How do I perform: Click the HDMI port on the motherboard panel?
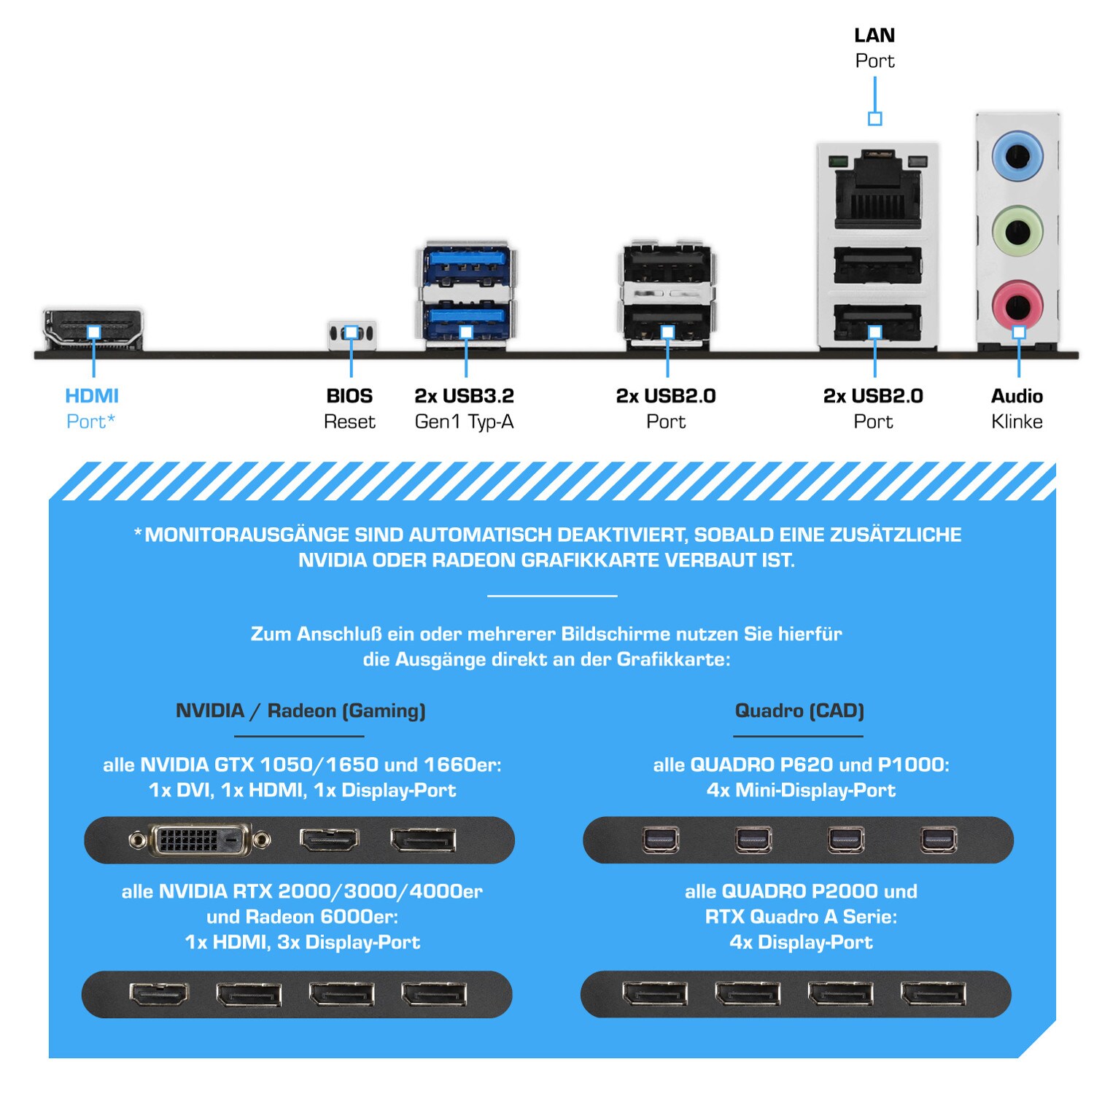pos(93,330)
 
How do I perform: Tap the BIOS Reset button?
pos(352,334)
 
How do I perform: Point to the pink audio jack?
pos(1017,304)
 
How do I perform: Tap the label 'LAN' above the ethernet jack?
pos(874,35)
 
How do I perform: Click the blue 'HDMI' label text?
pos(92,396)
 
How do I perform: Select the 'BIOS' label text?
pos(349,396)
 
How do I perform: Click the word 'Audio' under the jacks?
pos(1017,396)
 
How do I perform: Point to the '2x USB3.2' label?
pos(465,396)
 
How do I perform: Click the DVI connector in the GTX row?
pos(200,841)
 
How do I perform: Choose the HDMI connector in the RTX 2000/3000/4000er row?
pos(159,993)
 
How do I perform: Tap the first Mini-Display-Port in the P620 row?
pos(661,840)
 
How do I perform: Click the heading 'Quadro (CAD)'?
pos(799,710)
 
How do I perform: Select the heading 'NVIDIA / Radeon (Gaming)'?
pos(300,710)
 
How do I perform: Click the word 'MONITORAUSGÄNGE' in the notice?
pos(247,535)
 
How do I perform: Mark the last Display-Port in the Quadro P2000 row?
pos(934,993)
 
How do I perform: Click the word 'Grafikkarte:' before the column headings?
pos(673,659)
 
